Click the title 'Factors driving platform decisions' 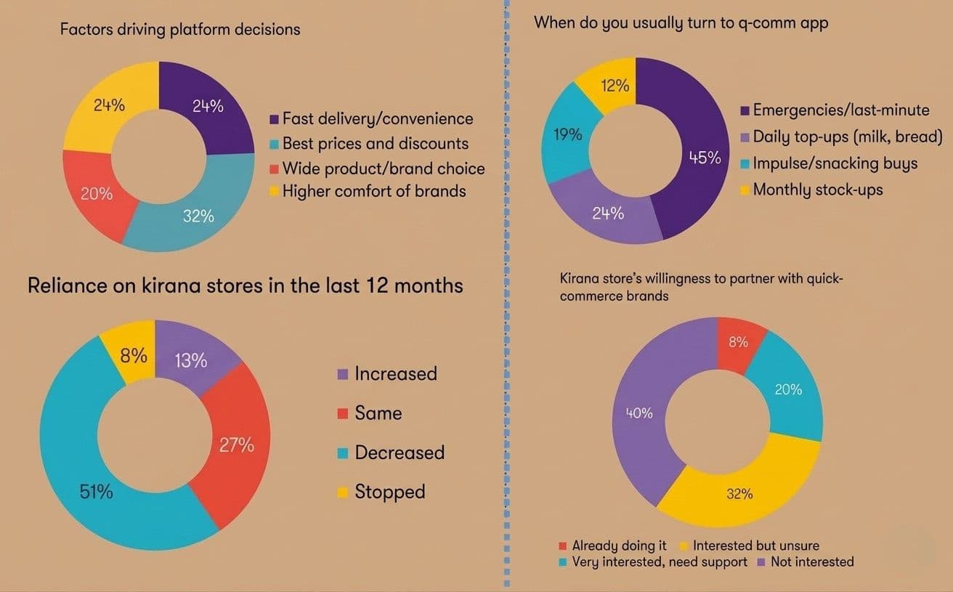[179, 30]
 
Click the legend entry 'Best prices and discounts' [375, 143]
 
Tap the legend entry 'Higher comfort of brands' [373, 191]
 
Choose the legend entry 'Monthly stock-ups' [818, 190]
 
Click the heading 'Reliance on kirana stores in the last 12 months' [245, 285]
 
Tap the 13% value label [191, 360]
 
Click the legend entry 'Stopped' [389, 492]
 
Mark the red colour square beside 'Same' [343, 414]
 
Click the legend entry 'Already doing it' [619, 545]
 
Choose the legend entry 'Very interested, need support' [659, 561]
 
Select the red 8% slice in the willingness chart [739, 341]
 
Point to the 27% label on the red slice [237, 445]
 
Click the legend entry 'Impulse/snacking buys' [835, 163]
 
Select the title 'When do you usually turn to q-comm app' [681, 23]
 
